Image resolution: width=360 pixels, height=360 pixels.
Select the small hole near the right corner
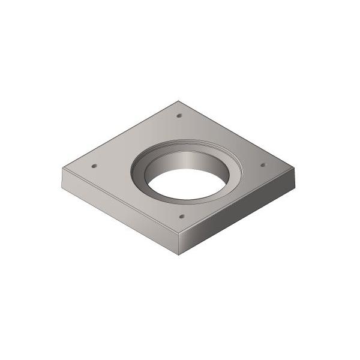tap(262, 164)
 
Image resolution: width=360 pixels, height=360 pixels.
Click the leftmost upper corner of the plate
tap(63, 168)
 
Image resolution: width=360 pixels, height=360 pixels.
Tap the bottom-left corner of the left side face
tap(63, 187)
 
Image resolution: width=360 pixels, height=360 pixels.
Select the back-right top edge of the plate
tap(238, 134)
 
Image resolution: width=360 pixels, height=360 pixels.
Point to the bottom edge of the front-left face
tap(120, 221)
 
